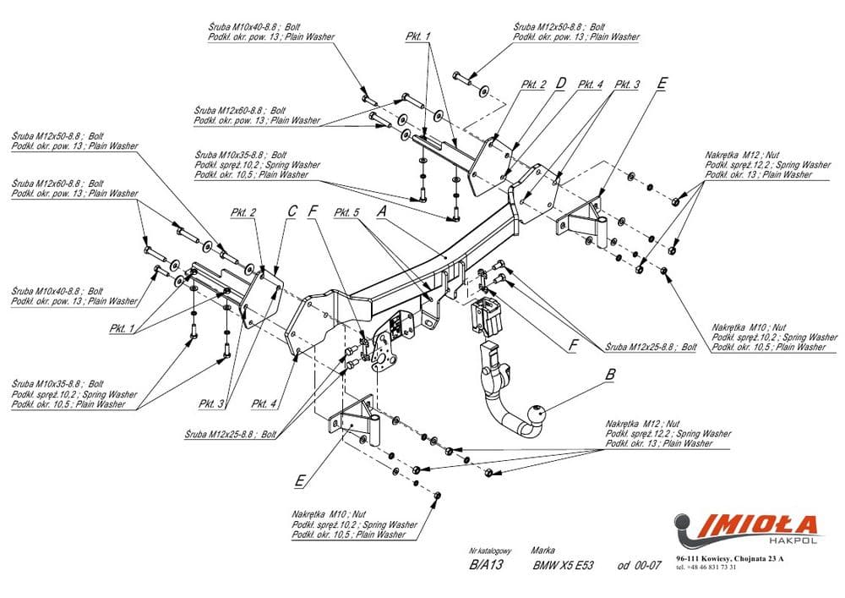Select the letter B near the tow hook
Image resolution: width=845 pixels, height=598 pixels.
(608, 373)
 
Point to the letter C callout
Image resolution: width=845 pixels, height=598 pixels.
(292, 211)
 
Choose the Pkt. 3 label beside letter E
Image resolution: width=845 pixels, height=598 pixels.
(626, 85)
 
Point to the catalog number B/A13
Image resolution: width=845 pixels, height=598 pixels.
(485, 566)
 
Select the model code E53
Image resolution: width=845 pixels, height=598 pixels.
(584, 566)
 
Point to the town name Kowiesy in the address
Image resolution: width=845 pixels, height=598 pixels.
(721, 559)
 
